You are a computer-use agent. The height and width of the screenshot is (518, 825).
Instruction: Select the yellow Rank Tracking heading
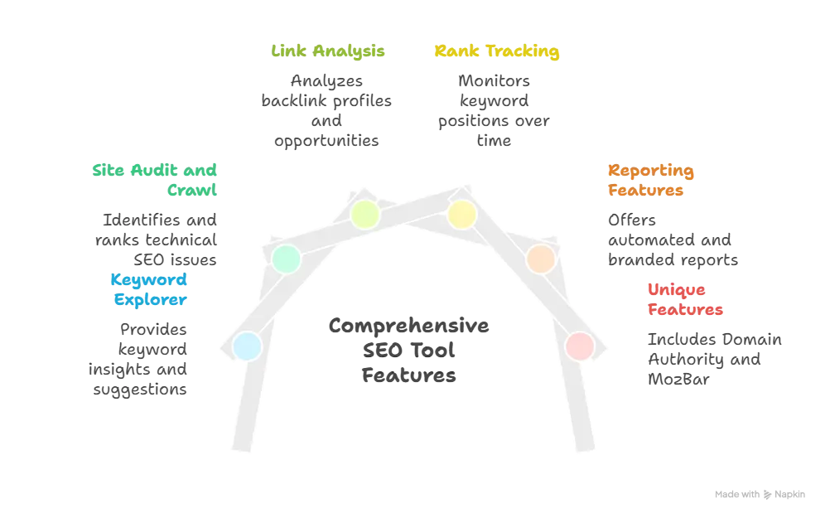pos(497,52)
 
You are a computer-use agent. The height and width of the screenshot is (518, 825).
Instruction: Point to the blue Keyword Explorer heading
pos(150,289)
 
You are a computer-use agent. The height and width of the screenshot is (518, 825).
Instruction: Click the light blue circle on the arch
pos(246,346)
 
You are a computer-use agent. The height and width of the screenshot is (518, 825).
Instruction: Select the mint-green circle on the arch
pos(286,259)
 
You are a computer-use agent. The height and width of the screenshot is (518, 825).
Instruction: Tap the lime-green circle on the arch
pos(364,215)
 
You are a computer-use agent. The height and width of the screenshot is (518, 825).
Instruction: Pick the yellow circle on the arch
pos(461,215)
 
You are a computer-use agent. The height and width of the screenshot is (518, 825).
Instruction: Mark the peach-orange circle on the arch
pos(540,259)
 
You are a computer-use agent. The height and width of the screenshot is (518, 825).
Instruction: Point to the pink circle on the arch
pos(579,346)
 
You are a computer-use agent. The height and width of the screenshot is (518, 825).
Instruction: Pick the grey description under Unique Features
pos(712,359)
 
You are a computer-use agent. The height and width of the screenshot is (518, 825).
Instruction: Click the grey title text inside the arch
pos(408,348)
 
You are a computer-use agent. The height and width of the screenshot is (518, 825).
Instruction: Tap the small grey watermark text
pos(761,496)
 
